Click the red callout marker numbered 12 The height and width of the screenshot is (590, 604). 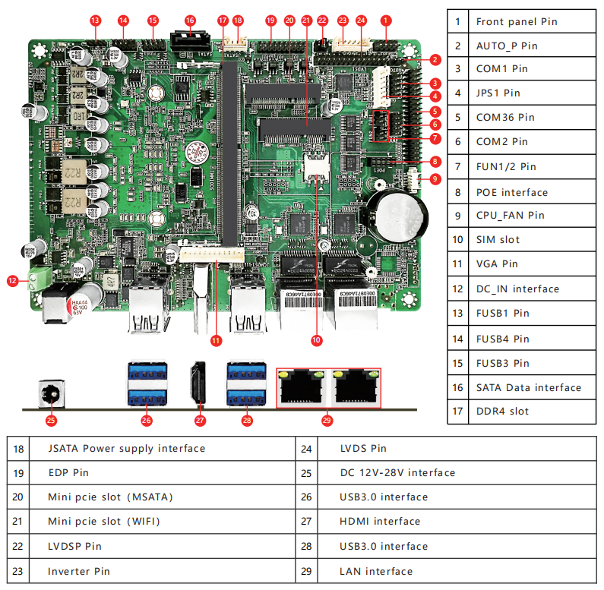click(x=12, y=281)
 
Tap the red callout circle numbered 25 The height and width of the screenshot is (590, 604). click(x=52, y=418)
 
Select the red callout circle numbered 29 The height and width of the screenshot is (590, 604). click(x=327, y=418)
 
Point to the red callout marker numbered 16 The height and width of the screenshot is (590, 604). click(x=190, y=21)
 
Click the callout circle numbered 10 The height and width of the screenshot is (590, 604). click(x=316, y=341)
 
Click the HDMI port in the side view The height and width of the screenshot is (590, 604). click(x=198, y=383)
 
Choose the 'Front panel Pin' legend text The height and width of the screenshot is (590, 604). click(x=517, y=21)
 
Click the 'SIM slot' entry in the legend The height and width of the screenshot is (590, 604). click(x=498, y=240)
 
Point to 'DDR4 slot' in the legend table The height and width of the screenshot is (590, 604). click(x=502, y=412)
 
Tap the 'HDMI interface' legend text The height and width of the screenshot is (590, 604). click(x=380, y=522)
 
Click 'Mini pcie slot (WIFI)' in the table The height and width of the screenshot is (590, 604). click(x=104, y=522)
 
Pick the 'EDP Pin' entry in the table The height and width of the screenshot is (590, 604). click(x=68, y=472)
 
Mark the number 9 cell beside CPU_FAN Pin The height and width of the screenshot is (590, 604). click(x=457, y=216)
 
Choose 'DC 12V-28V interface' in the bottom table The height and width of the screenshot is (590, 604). click(x=397, y=472)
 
